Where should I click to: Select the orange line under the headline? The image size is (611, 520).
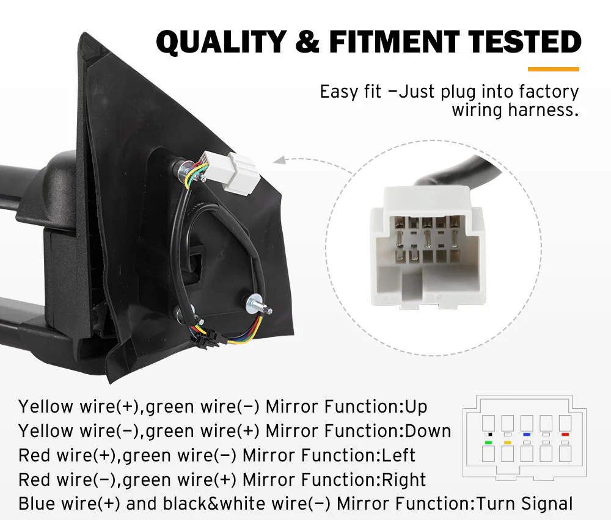pyautogui.click(x=553, y=69)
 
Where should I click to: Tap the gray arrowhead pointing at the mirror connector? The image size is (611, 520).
pyautogui.click(x=279, y=162)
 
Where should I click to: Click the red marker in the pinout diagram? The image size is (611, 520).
pyautogui.click(x=565, y=434)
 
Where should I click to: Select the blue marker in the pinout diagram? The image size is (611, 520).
pyautogui.click(x=526, y=434)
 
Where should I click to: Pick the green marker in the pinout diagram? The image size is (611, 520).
pyautogui.click(x=488, y=442)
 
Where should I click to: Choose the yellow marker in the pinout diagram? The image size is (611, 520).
pyautogui.click(x=507, y=442)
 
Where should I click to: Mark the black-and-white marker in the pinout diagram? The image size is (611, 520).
pyautogui.click(x=488, y=434)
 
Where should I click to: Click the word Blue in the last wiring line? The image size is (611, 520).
pyautogui.click(x=35, y=504)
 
